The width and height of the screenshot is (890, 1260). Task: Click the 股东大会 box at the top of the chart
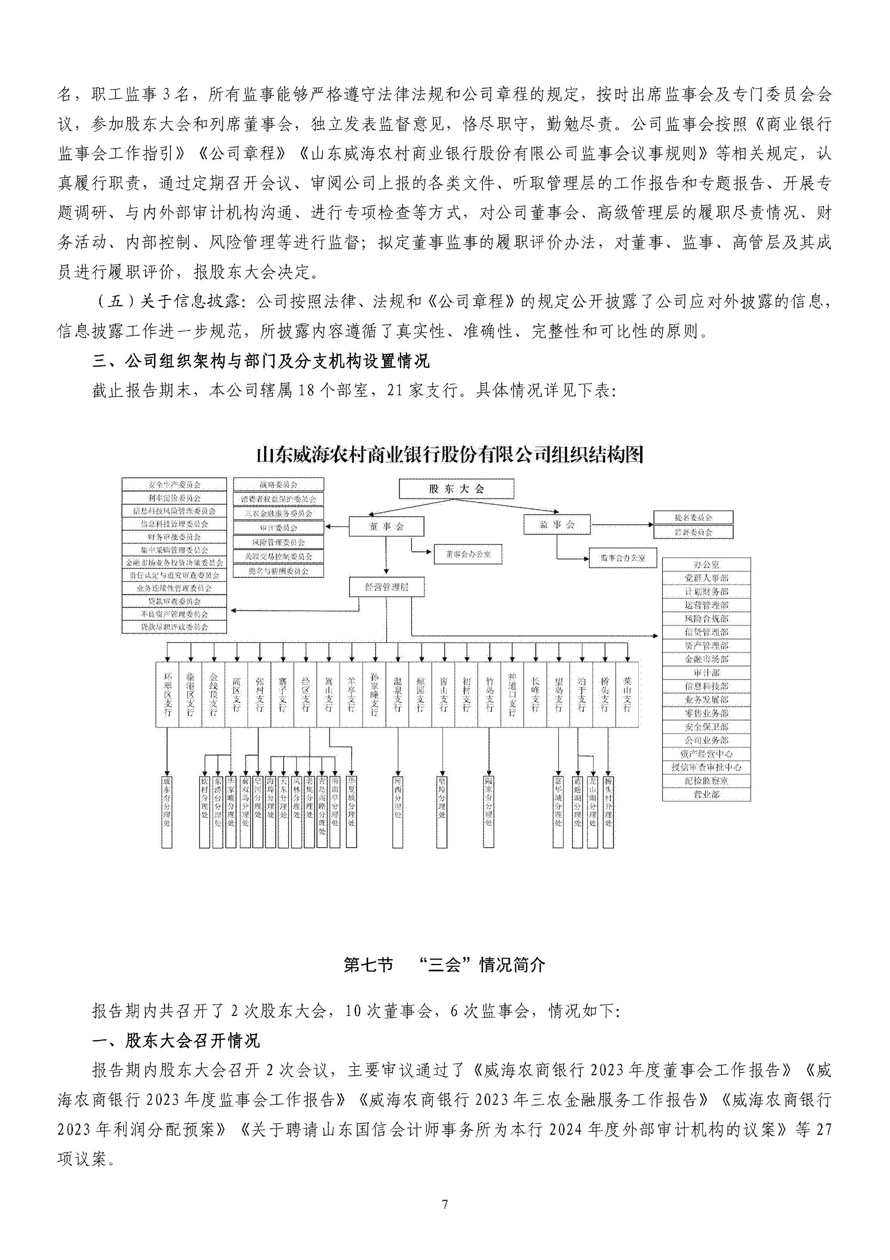pos(456,489)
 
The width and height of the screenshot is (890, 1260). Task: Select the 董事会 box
pos(386,526)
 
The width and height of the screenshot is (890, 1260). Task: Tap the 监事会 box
pos(557,525)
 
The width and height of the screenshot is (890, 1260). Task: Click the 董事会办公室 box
pos(467,554)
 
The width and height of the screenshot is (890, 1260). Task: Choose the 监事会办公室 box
pos(622,558)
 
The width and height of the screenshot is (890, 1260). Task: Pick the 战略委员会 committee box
pos(279,485)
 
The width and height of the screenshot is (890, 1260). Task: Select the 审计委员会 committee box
pos(279,527)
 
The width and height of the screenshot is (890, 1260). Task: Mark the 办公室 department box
pos(706,564)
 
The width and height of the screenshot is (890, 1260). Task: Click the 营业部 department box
pos(706,794)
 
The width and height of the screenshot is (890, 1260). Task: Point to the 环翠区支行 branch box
pos(167,695)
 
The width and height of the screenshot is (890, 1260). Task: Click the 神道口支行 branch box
pos(512,695)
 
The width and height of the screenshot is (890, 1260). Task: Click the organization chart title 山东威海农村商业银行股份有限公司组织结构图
pos(450,455)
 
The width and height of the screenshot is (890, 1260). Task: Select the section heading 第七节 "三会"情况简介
pos(444,965)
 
